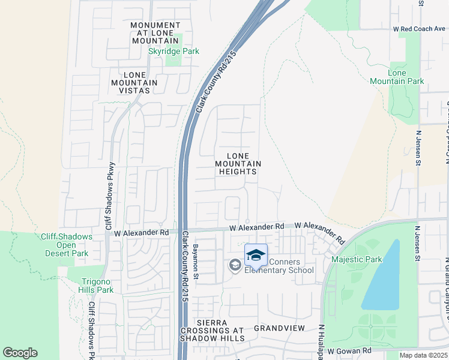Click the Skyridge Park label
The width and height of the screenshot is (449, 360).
173,52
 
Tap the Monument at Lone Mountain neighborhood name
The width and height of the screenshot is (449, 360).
155,33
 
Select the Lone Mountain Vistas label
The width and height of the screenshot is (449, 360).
133,83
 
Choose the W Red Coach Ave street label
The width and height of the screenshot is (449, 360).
419,29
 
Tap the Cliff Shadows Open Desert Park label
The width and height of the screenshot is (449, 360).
67,245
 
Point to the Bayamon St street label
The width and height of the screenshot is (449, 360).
195,263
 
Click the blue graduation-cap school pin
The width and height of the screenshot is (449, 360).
256,255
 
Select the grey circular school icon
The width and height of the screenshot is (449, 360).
235,265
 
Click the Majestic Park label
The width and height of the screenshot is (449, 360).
357,260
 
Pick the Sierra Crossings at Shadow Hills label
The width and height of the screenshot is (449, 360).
212,331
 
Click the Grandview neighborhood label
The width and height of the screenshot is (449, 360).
279,328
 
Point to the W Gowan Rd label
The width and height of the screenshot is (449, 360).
349,350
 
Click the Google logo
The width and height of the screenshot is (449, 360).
20,353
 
